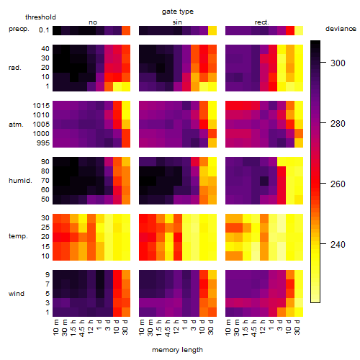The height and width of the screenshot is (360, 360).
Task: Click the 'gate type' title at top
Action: pyautogui.click(x=178, y=12)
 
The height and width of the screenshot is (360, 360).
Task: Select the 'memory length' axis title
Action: pyautogui.click(x=177, y=350)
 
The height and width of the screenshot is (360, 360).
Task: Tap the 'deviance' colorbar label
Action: pyautogui.click(x=341, y=29)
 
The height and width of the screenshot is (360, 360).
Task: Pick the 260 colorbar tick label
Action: pyautogui.click(x=338, y=184)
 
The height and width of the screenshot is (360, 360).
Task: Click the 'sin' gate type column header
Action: pyautogui.click(x=177, y=22)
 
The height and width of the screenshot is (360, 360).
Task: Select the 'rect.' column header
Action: pyautogui.click(x=262, y=22)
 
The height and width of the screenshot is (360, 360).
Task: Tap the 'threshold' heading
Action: pyautogui.click(x=40, y=17)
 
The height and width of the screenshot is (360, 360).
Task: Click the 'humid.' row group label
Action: pyautogui.click(x=20, y=181)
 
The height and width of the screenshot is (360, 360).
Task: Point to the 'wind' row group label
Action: pyautogui.click(x=17, y=294)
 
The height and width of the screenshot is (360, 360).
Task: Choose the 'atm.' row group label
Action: pyautogui.click(x=16, y=125)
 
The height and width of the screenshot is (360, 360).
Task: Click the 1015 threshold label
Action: pyautogui.click(x=41, y=106)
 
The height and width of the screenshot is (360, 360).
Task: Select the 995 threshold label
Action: pyautogui.click(x=43, y=143)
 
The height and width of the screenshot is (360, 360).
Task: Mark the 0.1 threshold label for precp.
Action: pyautogui.click(x=44, y=30)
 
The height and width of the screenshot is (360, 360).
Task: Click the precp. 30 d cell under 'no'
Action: pyautogui.click(x=126, y=30)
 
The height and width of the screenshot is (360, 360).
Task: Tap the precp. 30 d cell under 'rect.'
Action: pyautogui.click(x=299, y=30)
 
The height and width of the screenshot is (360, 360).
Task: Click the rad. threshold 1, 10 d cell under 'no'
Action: pyautogui.click(x=117, y=86)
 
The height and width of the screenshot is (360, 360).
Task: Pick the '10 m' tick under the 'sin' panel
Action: pyautogui.click(x=142, y=327)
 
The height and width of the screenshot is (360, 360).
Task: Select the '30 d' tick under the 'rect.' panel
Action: pyautogui.click(x=297, y=327)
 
